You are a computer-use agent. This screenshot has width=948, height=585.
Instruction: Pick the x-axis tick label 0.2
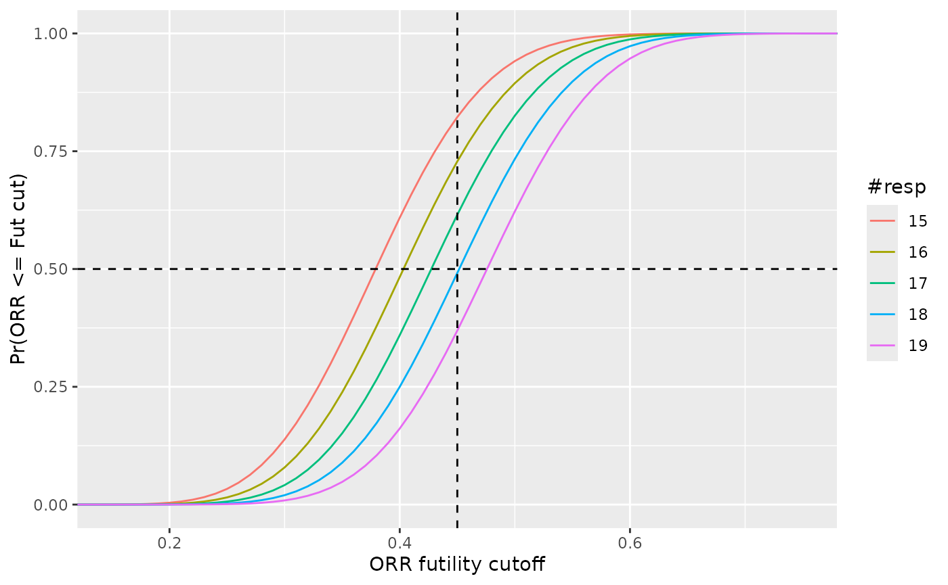(169, 543)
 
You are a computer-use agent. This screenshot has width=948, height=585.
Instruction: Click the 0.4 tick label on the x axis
(400, 543)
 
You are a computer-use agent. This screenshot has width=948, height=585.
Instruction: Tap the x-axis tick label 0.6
(630, 543)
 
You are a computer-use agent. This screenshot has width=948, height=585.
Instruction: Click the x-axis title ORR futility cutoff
(457, 565)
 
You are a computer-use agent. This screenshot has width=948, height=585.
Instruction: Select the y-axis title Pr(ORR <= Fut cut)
(19, 269)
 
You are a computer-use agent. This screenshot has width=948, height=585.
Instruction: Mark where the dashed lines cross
(457, 269)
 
